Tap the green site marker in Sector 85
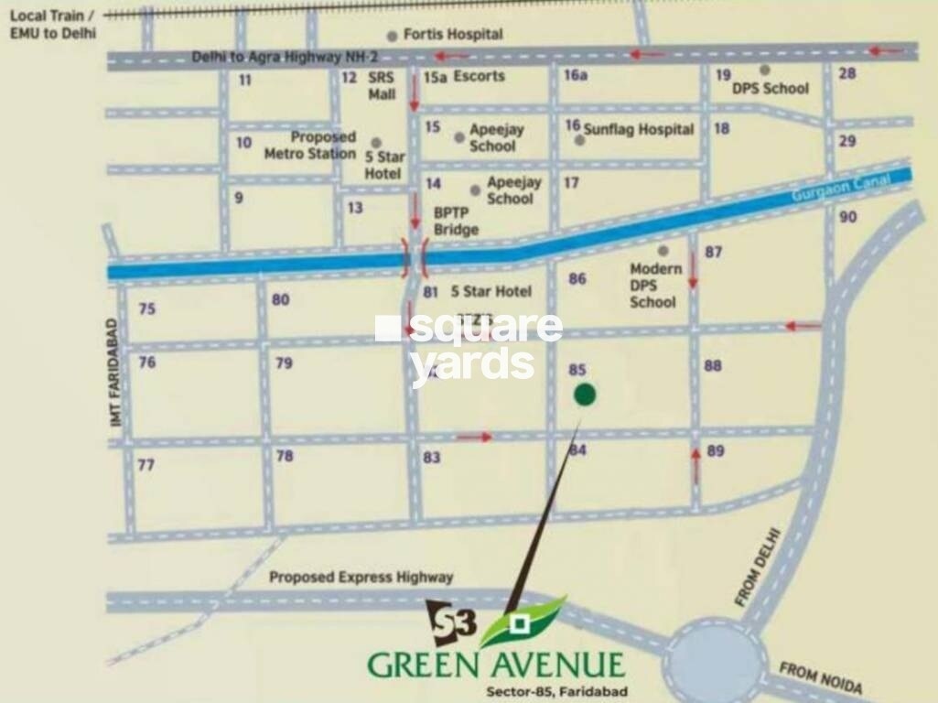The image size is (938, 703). click(x=585, y=395)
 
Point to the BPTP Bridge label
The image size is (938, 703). click(x=456, y=221)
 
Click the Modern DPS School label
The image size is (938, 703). click(x=655, y=285)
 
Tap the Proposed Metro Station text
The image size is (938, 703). click(x=310, y=146)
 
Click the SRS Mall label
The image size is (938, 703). click(x=382, y=85)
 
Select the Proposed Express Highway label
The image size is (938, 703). click(x=361, y=577)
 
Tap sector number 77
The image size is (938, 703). click(x=146, y=465)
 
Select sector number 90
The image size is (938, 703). click(x=847, y=216)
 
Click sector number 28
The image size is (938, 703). click(x=847, y=73)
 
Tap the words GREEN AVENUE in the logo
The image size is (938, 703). click(x=496, y=664)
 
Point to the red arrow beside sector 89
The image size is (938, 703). click(x=695, y=465)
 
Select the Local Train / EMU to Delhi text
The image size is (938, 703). click(x=53, y=24)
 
